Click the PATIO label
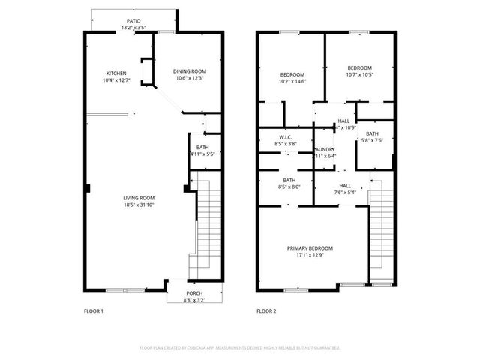point(133,21)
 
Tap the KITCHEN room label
point(115,73)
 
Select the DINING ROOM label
point(189,71)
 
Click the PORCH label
point(194,294)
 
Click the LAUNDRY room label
point(323,150)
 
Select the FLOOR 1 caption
point(93,310)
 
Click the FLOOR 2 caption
point(266,310)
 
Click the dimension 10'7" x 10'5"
point(360,74)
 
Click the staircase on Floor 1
point(206,225)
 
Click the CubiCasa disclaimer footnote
point(240,348)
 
